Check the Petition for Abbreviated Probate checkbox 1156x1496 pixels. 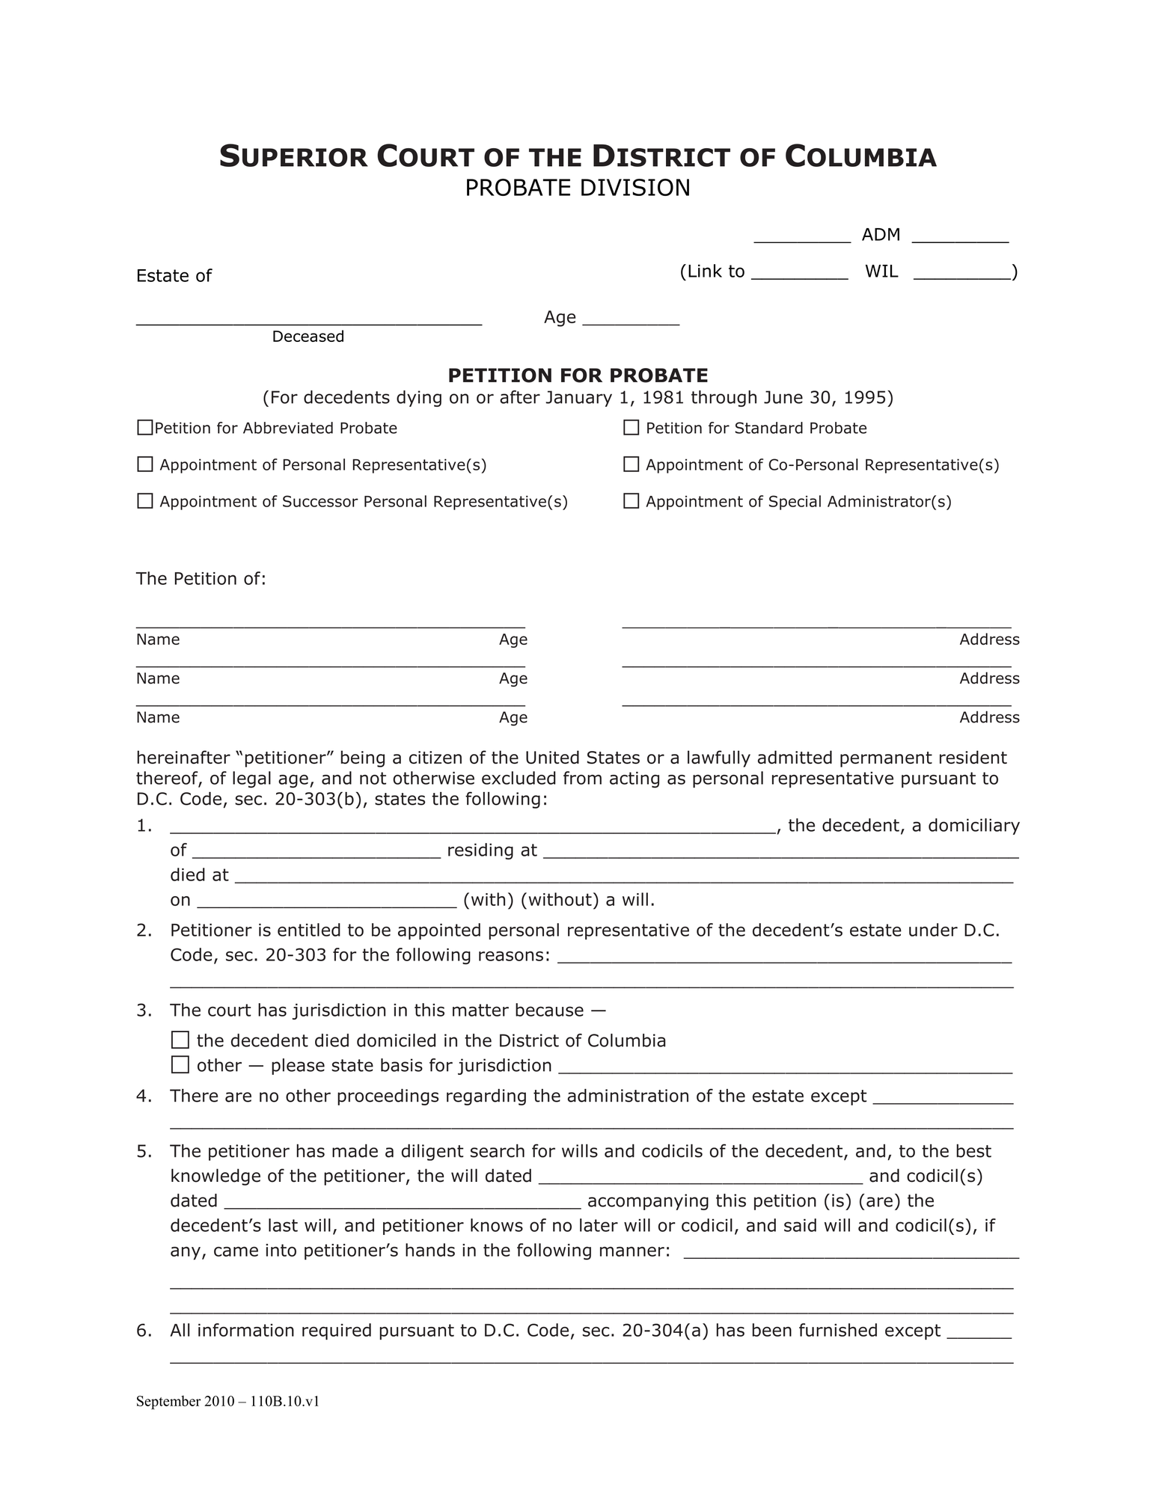(x=144, y=428)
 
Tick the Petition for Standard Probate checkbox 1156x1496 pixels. (x=631, y=428)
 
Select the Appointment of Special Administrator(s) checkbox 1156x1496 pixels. (x=631, y=501)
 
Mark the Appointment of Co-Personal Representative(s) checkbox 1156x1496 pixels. (x=631, y=465)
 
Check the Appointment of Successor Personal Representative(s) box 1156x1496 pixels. (x=144, y=501)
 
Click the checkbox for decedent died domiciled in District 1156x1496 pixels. (x=180, y=1040)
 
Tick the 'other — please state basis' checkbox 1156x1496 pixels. (x=180, y=1065)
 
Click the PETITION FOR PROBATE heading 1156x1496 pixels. (x=577, y=375)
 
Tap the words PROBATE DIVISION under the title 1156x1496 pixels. (x=577, y=188)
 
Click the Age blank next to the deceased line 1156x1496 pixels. (x=630, y=319)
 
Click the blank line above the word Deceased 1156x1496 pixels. (x=308, y=319)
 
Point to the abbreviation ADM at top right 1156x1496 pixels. (x=881, y=235)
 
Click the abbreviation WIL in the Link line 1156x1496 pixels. (x=881, y=272)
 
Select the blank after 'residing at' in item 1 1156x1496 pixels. (x=780, y=850)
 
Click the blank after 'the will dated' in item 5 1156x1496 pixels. (x=700, y=1177)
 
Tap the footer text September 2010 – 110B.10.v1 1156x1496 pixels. (x=227, y=1401)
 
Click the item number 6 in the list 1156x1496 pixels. (x=144, y=1331)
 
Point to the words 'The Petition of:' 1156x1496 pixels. (x=201, y=579)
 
